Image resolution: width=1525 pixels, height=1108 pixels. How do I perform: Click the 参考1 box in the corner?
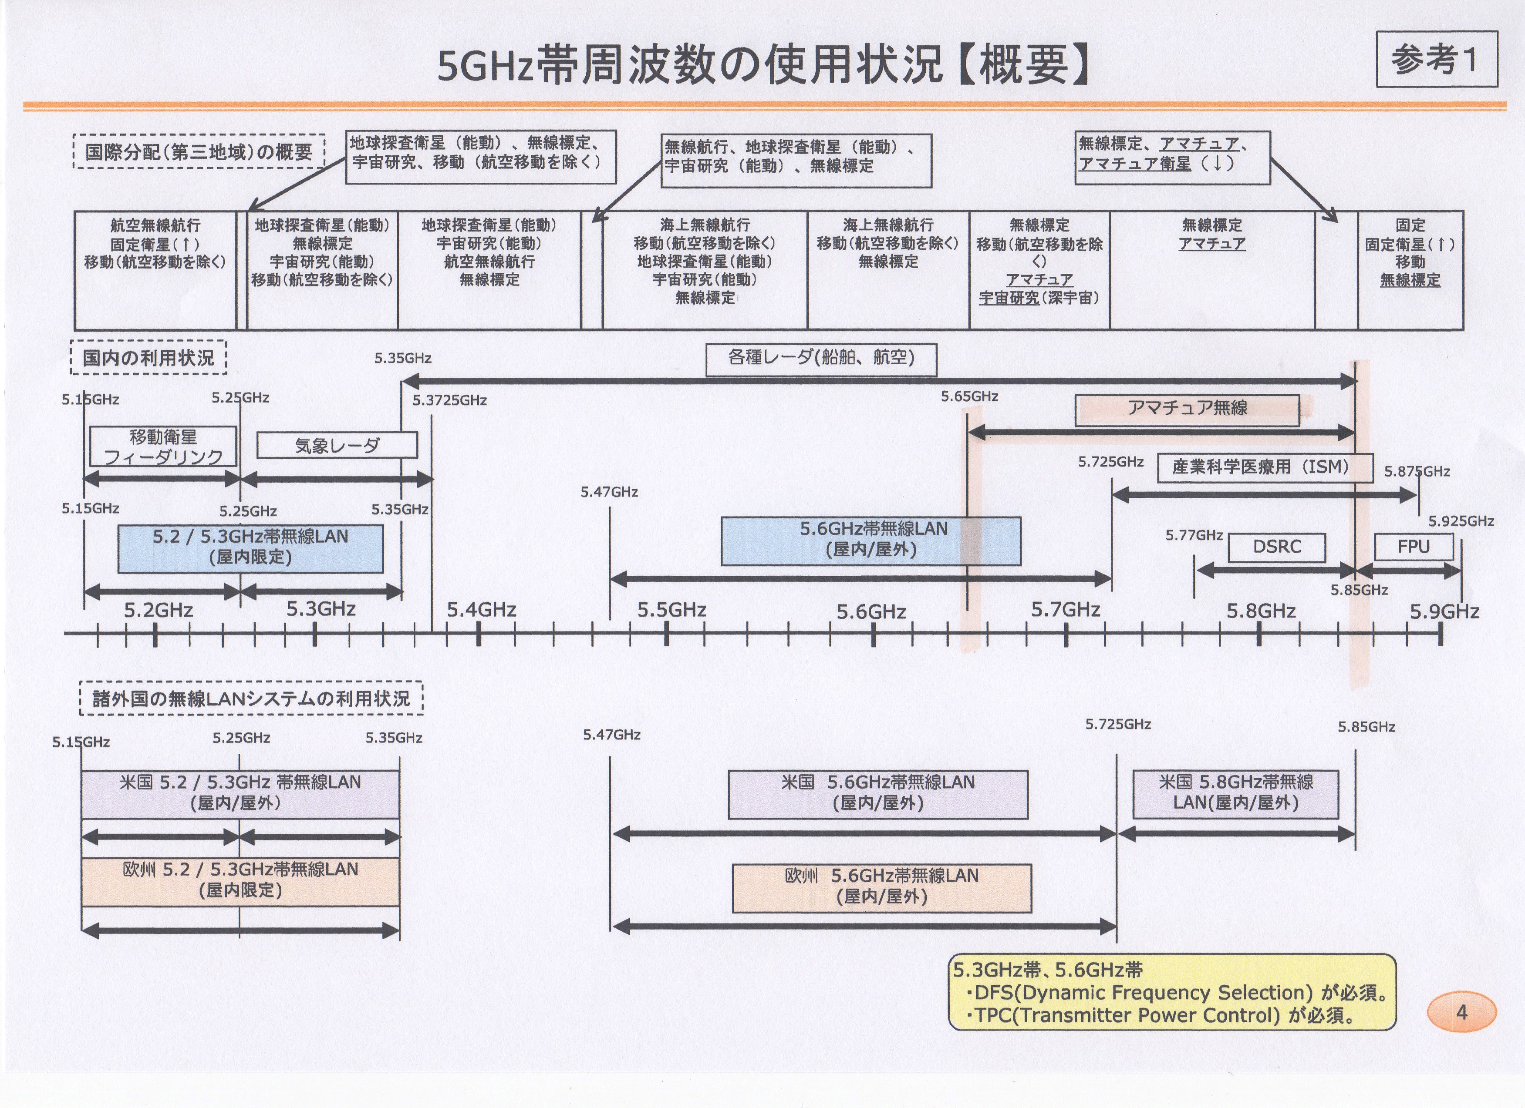(x=1436, y=59)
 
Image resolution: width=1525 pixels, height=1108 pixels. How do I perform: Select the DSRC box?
(x=1276, y=547)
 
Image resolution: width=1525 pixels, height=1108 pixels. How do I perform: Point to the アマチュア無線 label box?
(x=1187, y=409)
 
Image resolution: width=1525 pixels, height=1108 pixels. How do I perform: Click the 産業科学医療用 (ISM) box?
(x=1264, y=467)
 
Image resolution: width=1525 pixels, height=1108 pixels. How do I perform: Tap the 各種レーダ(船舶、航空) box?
(x=820, y=359)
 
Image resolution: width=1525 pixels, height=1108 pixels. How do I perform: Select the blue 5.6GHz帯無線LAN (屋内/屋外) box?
(x=871, y=540)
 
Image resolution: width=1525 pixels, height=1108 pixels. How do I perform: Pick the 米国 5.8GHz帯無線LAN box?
(x=1235, y=793)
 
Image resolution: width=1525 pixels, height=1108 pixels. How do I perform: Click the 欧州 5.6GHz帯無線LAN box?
(x=881, y=887)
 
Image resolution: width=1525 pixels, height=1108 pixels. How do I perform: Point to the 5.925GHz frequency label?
(x=1461, y=521)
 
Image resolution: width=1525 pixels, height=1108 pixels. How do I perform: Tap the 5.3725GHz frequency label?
(x=449, y=400)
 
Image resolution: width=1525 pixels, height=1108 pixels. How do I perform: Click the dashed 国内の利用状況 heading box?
(x=148, y=357)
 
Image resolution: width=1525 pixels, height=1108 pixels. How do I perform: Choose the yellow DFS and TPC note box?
(x=1171, y=992)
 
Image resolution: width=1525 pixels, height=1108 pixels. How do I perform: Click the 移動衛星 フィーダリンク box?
(x=163, y=446)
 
